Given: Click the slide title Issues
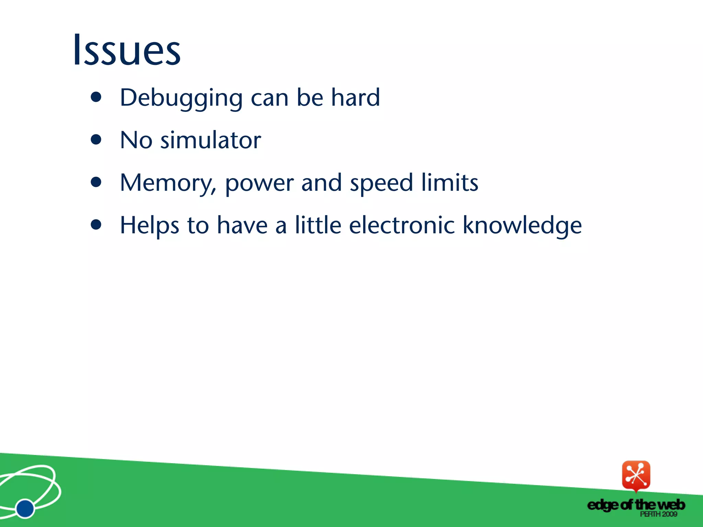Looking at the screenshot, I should click(x=127, y=50).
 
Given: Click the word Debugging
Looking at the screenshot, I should click(x=181, y=98).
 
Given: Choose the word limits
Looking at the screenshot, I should click(x=450, y=183).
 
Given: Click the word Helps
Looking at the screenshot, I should click(x=149, y=226).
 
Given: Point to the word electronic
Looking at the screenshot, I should click(x=402, y=225).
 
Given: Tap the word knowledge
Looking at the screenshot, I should click(x=522, y=226).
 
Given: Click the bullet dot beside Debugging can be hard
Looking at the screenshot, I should click(x=96, y=97).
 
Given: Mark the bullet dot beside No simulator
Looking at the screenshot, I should click(x=96, y=140).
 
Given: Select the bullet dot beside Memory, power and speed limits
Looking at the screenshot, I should click(x=96, y=182).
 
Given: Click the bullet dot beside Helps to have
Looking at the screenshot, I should click(x=96, y=225).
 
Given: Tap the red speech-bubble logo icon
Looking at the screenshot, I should click(x=636, y=476).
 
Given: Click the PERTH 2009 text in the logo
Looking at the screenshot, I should click(x=658, y=514).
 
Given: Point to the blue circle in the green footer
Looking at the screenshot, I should click(x=25, y=508).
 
